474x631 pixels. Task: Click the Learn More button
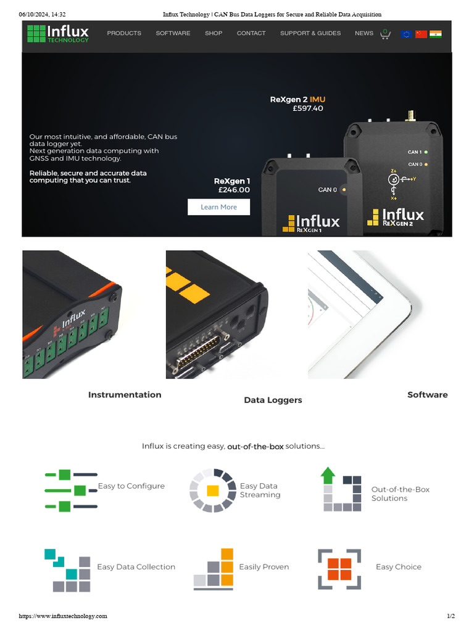point(218,207)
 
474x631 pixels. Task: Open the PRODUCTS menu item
point(124,33)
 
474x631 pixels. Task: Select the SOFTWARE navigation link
point(173,33)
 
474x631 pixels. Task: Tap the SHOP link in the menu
point(214,33)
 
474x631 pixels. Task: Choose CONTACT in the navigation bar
point(251,33)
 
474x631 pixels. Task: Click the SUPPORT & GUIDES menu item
point(310,33)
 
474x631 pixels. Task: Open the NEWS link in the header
point(364,33)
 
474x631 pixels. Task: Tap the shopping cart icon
point(385,34)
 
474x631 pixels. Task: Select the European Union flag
point(406,34)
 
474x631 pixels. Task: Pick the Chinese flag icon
point(421,34)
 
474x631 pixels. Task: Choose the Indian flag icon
point(436,34)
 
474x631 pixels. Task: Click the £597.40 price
point(308,108)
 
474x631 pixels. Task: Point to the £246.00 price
point(234,190)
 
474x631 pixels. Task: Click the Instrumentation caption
point(125,395)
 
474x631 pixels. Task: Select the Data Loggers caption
point(273,400)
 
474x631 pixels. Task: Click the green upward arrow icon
point(328,476)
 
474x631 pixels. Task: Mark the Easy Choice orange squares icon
point(339,569)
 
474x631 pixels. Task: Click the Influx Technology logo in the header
point(58,33)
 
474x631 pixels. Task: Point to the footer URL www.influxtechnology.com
point(63,616)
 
